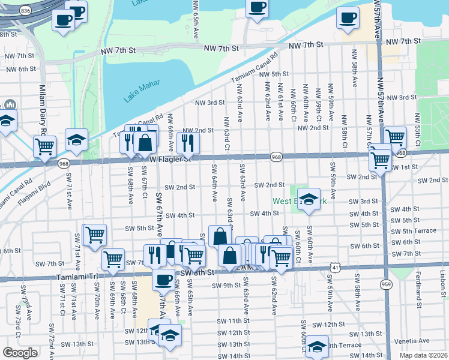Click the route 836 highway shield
[24, 11]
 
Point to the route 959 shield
[387, 284]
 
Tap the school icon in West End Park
[309, 200]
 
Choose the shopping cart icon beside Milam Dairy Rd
[44, 146]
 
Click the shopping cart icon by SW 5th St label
[95, 235]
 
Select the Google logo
[20, 353]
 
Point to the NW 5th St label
[276, 74]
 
